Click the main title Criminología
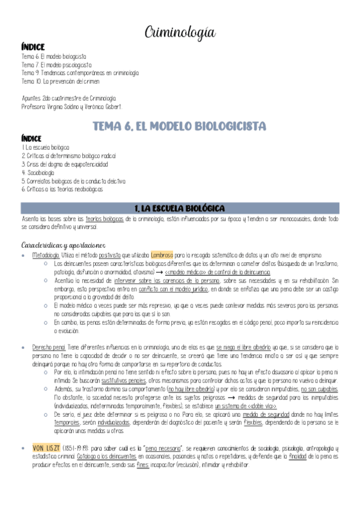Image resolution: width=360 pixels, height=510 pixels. coord(180,32)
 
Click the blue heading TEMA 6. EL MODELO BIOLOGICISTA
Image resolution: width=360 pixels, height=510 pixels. coord(180,126)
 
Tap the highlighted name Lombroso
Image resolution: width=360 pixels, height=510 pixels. coord(162,255)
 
